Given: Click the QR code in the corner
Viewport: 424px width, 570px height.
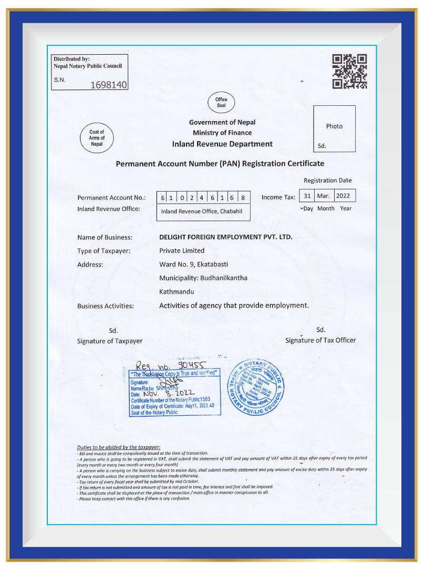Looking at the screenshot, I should coord(349,71).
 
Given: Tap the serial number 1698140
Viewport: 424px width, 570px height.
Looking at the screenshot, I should coord(109,85).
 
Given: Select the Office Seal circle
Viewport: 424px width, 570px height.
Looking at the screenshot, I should coord(221,103).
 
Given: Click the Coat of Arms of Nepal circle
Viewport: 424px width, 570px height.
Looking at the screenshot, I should coord(97,138).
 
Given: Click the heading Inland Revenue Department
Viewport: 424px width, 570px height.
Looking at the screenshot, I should coord(222,144).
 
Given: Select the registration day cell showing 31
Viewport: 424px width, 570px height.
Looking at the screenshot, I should coord(308,196).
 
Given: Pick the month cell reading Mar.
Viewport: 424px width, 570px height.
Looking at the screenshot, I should coord(324,196).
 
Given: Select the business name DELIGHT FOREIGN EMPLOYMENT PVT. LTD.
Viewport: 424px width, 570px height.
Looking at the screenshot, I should coord(226,237).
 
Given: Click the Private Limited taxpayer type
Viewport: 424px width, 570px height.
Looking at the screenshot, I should coord(182,251).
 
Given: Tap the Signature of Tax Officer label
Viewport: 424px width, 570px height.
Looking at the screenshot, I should coord(320,340).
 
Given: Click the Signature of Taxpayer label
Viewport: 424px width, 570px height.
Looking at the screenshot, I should coord(110,341).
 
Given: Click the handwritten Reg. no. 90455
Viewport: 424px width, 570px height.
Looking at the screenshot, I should coord(171,364).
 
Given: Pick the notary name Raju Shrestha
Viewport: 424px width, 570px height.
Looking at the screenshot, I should coord(154,388).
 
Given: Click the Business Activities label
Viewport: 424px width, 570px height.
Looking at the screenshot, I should coord(106,306).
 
